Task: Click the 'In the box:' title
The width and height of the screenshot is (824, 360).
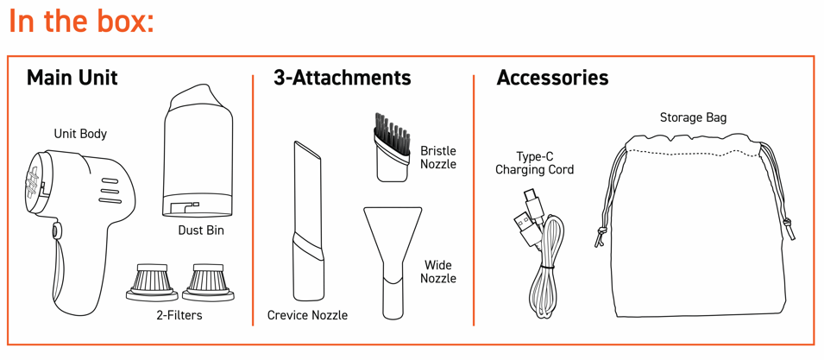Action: [x=81, y=21]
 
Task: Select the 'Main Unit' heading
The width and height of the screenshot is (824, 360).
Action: [x=72, y=78]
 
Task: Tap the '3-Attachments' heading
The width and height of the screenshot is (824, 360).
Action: [x=342, y=78]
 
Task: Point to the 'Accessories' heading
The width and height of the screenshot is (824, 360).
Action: [x=552, y=78]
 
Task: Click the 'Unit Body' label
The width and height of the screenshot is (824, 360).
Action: [x=80, y=134]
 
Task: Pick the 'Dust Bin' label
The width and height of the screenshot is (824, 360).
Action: [x=201, y=231]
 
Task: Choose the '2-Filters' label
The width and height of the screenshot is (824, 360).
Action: [x=180, y=315]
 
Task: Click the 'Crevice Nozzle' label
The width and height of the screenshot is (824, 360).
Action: [x=307, y=315]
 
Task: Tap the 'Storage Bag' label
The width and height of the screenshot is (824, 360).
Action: [x=693, y=117]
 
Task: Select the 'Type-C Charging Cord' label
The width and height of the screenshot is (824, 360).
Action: [x=534, y=163]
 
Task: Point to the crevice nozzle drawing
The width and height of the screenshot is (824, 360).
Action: [x=307, y=221]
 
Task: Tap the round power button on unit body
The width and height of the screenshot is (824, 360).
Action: [x=54, y=231]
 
